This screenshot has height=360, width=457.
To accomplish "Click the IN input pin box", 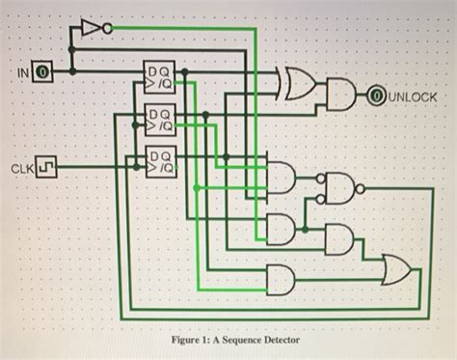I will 41,71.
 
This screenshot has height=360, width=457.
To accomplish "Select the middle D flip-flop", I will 158,120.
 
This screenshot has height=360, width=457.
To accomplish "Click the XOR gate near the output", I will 295,85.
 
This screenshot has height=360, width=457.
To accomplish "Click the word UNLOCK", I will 416,97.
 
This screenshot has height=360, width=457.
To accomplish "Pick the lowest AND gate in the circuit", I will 281,280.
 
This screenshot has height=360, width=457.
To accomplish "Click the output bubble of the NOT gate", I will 109,27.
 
